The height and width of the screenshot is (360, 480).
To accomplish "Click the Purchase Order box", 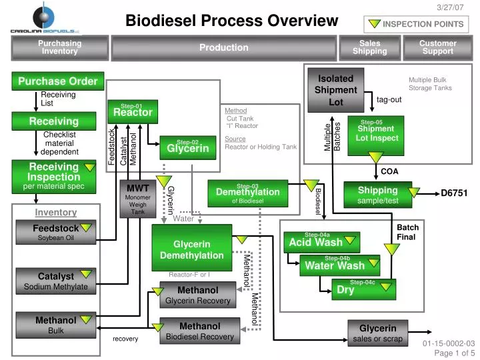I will pos(57,81).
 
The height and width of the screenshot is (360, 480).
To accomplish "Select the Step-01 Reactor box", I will pos(133,111).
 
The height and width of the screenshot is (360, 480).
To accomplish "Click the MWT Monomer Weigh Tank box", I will pos(138,199).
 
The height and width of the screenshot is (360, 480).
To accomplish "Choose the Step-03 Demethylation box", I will pos(247,193).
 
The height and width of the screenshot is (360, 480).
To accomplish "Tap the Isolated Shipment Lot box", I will pos(335,89).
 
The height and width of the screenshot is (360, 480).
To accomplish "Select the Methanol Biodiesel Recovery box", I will pos(199,331).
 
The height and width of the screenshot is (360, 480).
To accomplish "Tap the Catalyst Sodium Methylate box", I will pos(56,281).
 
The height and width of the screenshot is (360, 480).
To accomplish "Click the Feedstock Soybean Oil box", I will pos(56,233).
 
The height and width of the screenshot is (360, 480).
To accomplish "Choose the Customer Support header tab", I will pos(437,47).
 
